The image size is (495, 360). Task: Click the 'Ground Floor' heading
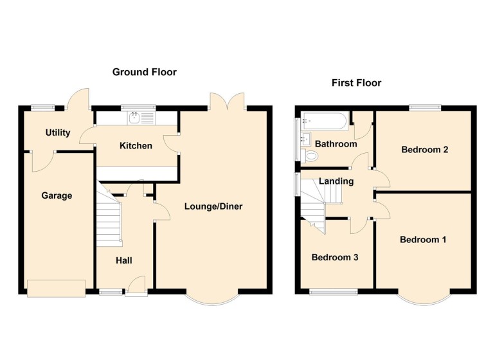[x=144, y=72]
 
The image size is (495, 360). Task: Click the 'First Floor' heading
[x=356, y=83]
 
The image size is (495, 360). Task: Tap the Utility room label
[x=57, y=133]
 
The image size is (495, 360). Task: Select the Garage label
[x=57, y=195]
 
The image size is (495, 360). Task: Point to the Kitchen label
[x=136, y=146]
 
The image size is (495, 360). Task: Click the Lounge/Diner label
[x=213, y=206]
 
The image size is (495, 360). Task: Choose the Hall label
[x=124, y=260]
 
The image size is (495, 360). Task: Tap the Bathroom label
[x=336, y=144]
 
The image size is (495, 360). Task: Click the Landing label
[x=336, y=181]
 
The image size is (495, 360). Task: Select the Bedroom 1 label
[x=423, y=240]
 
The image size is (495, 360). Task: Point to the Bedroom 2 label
[x=424, y=150]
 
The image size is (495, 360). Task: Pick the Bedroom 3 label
[x=334, y=257]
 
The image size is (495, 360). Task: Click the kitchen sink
[x=135, y=118]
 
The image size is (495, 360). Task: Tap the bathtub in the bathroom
[x=324, y=120]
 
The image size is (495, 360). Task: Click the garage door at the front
[x=56, y=288]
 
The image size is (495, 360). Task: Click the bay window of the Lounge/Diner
[x=213, y=298]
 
